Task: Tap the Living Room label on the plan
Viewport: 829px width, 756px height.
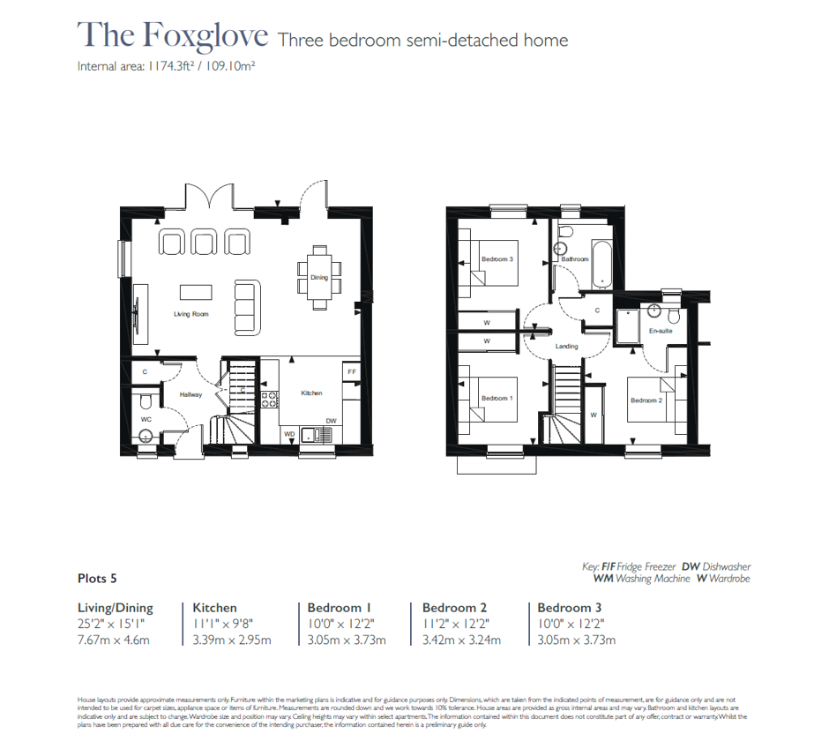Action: click(x=191, y=314)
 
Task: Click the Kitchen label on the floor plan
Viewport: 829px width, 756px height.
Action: click(x=311, y=393)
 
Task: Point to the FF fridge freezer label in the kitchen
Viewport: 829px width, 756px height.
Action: click(x=351, y=372)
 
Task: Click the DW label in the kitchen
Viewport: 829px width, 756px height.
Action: click(x=331, y=421)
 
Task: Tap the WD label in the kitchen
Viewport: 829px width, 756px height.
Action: click(x=288, y=434)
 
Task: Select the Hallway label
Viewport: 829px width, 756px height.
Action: click(x=191, y=395)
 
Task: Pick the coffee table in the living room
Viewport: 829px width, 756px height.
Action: click(x=196, y=291)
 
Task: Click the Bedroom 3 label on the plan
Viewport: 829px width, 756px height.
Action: click(x=497, y=259)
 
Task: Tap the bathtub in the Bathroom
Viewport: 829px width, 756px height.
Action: click(x=602, y=262)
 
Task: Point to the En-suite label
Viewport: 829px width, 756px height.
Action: click(x=661, y=331)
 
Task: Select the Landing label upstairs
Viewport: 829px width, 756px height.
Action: click(x=566, y=346)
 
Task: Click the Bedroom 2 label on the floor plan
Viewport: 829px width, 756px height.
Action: click(x=646, y=400)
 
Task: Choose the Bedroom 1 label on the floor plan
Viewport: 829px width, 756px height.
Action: click(x=497, y=399)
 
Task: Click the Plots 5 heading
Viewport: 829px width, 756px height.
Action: click(x=97, y=579)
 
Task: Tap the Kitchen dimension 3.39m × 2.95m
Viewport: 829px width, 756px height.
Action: click(x=232, y=640)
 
